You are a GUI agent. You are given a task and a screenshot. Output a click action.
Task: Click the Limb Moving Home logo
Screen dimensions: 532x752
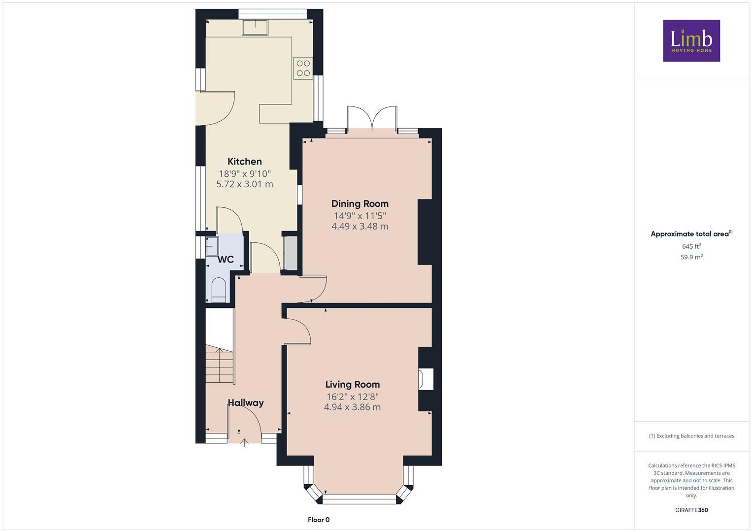(x=691, y=40)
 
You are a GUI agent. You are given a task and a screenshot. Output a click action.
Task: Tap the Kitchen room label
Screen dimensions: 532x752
(x=244, y=162)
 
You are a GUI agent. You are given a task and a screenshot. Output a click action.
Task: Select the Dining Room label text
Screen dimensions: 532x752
(x=360, y=204)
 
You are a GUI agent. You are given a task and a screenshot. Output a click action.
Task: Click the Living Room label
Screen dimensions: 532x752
(x=352, y=385)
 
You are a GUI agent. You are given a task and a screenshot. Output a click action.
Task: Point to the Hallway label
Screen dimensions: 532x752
(x=245, y=403)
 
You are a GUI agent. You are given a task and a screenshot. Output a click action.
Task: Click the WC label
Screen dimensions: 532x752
(x=226, y=260)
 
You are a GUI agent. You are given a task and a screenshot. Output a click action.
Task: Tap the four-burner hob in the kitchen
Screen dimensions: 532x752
(x=303, y=68)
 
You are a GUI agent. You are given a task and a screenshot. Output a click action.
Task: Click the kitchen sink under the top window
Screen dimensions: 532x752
(x=255, y=28)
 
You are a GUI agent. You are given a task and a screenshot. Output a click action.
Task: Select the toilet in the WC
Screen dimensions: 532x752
(x=218, y=290)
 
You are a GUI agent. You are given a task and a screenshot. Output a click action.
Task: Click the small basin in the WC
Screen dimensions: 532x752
(x=212, y=245)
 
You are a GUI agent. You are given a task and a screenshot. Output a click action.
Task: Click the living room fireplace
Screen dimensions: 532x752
(x=425, y=379)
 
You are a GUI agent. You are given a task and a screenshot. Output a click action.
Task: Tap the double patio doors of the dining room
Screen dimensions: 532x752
(x=372, y=118)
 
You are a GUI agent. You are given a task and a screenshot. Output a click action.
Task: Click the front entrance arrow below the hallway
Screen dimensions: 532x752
(x=244, y=442)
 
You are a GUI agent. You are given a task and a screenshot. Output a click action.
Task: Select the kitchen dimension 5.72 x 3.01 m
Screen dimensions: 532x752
(x=244, y=184)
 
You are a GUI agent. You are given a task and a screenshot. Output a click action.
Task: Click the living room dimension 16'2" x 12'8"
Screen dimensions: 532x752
(x=352, y=397)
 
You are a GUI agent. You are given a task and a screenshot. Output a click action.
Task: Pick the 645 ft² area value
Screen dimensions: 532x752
(x=691, y=246)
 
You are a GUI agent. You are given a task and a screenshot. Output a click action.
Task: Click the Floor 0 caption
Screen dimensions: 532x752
(x=318, y=520)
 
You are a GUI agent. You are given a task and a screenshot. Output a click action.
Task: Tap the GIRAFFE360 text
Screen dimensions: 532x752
(x=691, y=510)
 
